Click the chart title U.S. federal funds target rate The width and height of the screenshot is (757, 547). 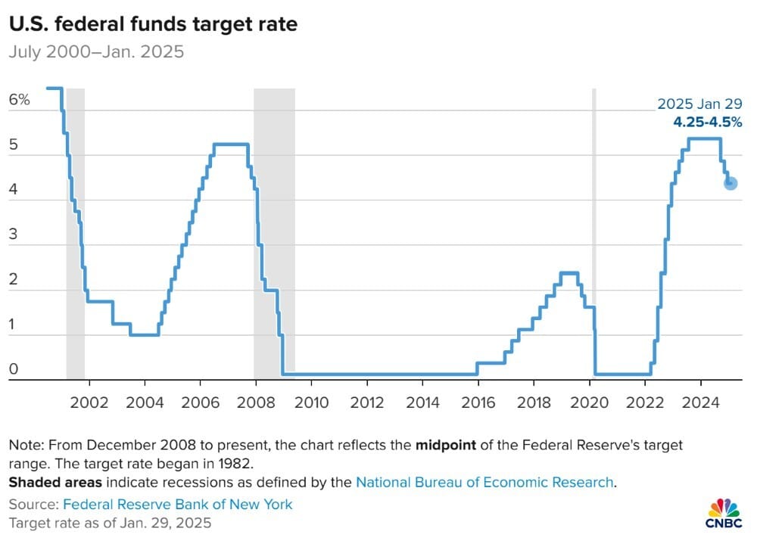tap(153, 24)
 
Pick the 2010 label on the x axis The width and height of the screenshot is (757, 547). tap(311, 401)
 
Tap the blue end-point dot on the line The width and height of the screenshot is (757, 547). tap(731, 183)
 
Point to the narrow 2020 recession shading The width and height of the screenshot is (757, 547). tap(593, 227)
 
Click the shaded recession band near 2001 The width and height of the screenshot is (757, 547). tap(75, 227)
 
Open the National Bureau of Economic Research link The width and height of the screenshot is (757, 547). tap(484, 482)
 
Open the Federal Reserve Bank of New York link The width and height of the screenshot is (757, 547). tap(177, 504)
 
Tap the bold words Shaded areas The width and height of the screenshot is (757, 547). tap(51, 482)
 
